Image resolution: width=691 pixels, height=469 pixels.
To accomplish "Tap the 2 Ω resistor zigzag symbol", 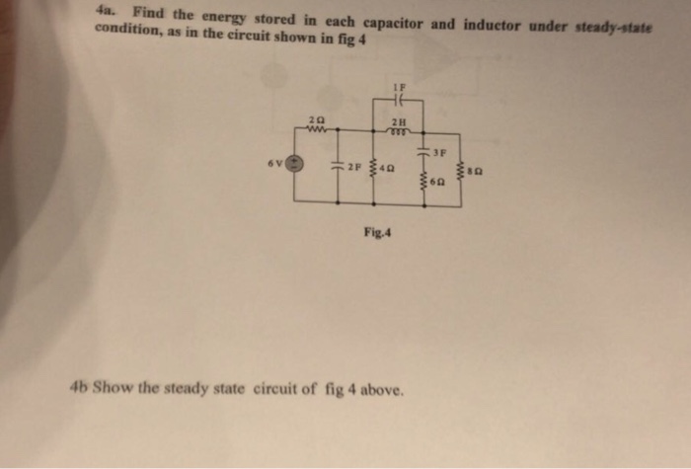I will click(318, 127).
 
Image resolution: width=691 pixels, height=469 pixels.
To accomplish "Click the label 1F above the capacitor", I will click(403, 88).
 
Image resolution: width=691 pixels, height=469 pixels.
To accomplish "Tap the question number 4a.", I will click(105, 11).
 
